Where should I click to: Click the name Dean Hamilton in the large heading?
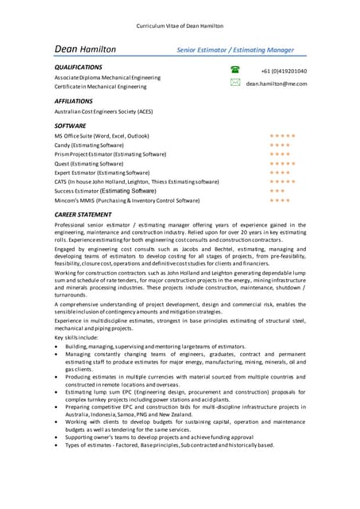(85, 49)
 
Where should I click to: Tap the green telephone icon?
(235, 70)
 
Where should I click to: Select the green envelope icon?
(235, 83)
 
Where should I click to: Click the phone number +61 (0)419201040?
(284, 71)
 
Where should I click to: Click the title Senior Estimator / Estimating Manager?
(235, 50)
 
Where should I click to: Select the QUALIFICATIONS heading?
(78, 68)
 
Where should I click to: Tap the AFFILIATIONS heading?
(74, 102)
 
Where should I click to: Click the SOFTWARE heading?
(70, 126)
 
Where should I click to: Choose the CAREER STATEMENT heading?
(83, 215)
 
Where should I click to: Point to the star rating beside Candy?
(280, 146)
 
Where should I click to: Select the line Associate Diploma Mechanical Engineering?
(107, 78)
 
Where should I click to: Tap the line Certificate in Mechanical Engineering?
(100, 87)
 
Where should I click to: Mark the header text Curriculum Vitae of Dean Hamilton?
(180, 25)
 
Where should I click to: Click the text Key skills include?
(77, 338)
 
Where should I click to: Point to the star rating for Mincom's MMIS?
(280, 200)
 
